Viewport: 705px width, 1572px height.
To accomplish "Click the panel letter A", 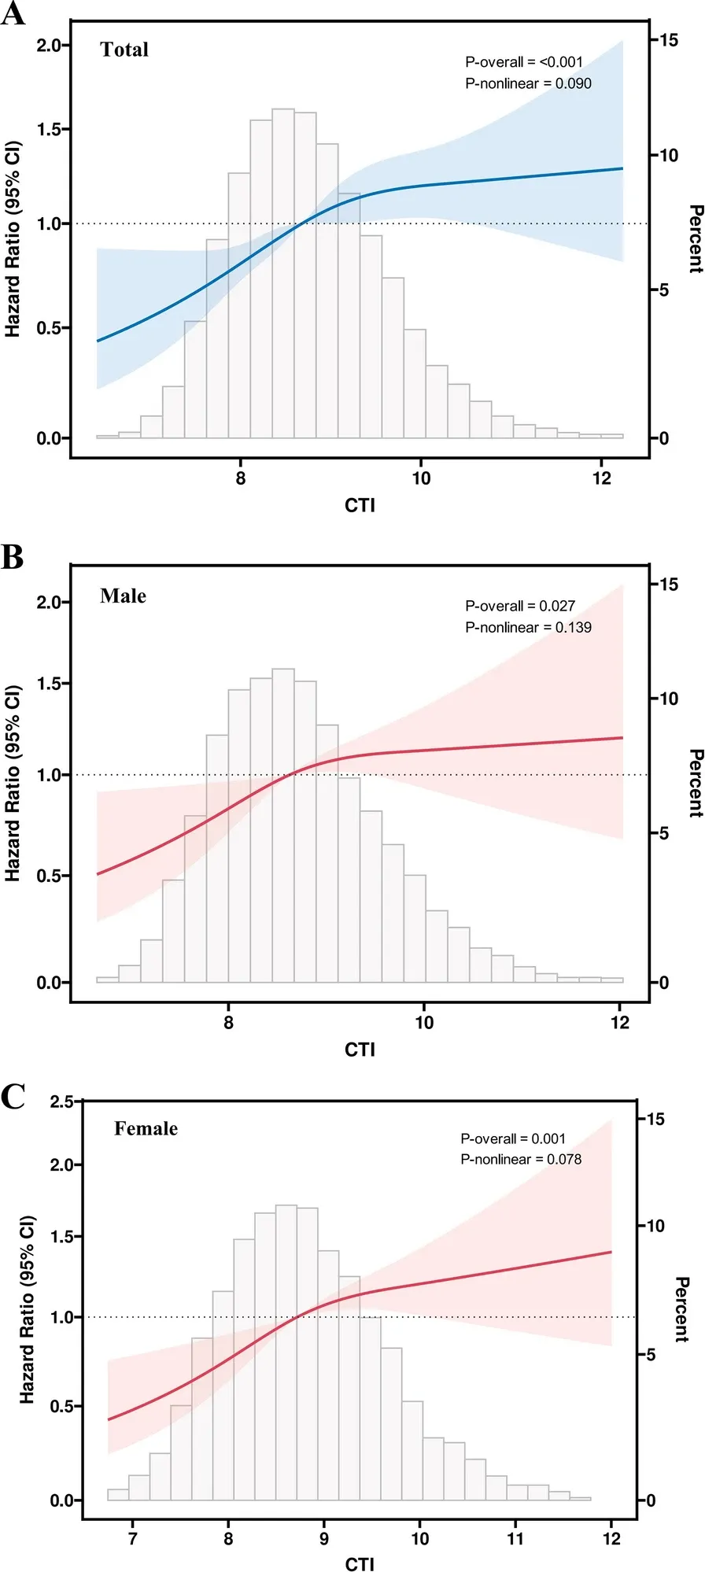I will pos(13,13).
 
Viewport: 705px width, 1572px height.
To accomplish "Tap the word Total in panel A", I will pos(124,50).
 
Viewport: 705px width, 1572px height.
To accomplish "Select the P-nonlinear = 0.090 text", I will pos(528,83).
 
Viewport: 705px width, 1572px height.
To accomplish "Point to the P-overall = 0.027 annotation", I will pos(520,606).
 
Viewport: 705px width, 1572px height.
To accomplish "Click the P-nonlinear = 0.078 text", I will pos(521,1159).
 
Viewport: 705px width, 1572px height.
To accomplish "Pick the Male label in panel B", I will pos(123,596).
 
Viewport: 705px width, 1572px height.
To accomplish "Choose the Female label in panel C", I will pos(146,1129).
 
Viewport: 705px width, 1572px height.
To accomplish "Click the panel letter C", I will pos(13,1097).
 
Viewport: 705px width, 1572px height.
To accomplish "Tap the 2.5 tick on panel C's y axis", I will pos(61,1102).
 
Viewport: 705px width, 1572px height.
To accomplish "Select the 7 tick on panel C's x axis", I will pos(132,1538).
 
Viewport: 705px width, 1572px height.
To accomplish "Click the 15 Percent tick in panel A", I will pos(668,40).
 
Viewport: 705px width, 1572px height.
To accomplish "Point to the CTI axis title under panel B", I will pos(360,1050).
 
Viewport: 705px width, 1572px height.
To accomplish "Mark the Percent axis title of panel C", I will pos(682,1309).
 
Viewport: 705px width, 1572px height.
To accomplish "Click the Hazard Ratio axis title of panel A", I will pos(13,239).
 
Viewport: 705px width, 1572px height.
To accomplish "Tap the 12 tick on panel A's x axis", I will pos(601,478).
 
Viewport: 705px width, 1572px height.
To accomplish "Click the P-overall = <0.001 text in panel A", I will pos(524,62).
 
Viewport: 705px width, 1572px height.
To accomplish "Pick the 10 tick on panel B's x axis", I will pos(424,1023).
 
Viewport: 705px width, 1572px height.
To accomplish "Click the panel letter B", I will pos(13,557).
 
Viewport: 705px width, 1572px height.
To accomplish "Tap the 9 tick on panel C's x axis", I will pos(324,1538).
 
